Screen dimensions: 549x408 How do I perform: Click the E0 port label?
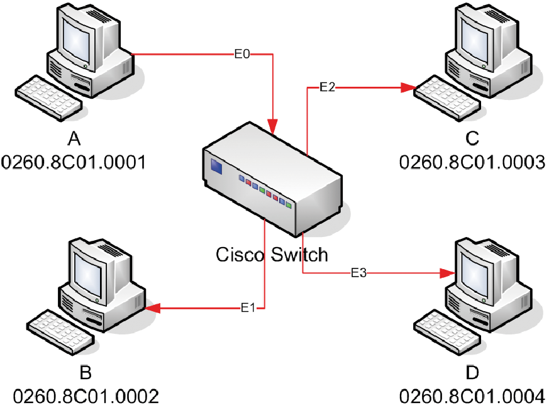point(242,54)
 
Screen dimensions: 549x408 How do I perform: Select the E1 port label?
point(248,307)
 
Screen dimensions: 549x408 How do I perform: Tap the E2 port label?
point(328,87)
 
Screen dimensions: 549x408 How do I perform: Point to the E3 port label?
point(359,273)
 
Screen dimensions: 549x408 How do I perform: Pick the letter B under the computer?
point(86,372)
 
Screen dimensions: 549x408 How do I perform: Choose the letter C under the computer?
point(472,138)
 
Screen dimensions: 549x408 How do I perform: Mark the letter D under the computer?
point(472,373)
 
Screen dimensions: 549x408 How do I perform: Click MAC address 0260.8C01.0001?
point(74,163)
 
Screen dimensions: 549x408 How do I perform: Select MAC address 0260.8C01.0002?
point(86,397)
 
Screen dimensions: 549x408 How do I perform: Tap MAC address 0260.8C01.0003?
point(472,163)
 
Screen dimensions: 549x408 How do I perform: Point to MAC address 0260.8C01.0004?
point(472,397)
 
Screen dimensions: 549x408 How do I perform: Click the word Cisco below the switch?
point(240,255)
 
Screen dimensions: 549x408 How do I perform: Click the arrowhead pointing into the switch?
point(273,126)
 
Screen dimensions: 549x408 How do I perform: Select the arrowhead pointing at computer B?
point(153,308)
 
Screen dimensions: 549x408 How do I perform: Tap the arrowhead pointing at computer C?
point(409,87)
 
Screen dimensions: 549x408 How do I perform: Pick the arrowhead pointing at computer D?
point(448,273)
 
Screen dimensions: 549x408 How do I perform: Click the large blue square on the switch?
point(216,167)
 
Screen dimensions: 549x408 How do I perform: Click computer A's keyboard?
point(49,98)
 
